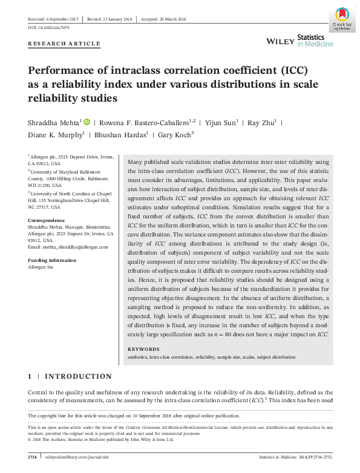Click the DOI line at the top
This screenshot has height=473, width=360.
(49, 27)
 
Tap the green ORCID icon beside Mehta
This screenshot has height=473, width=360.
(87, 122)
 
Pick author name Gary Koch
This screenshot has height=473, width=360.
(175, 135)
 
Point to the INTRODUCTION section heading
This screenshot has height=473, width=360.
(78, 376)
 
